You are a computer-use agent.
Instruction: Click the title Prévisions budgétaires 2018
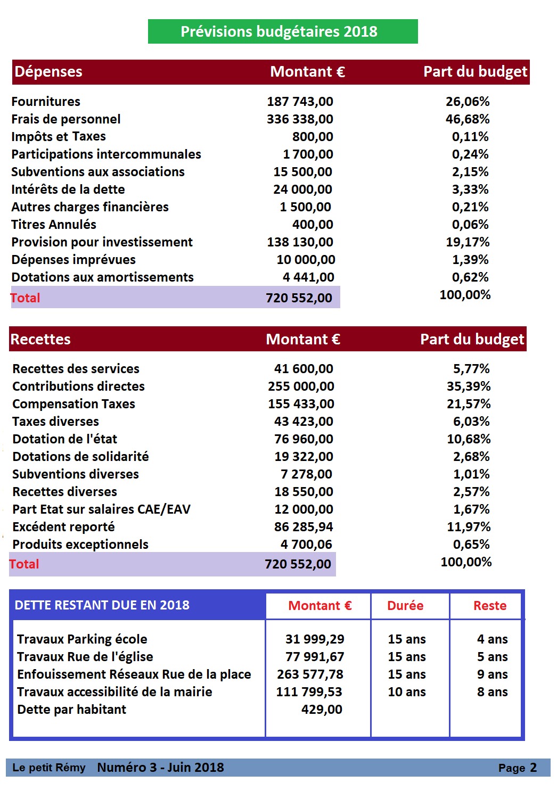278,31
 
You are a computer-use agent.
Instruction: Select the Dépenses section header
48,72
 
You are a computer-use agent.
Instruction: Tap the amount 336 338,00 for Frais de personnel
300,119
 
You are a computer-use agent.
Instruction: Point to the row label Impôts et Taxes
59,136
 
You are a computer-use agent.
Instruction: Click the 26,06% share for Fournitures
468,101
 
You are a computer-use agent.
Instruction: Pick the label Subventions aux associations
98,171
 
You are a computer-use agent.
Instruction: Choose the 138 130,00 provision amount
300,242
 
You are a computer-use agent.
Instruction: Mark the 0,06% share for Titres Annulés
470,224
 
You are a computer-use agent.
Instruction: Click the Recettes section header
40,339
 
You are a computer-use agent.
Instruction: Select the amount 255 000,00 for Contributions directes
301,386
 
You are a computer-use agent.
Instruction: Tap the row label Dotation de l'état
64,439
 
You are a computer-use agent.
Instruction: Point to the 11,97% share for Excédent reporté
469,527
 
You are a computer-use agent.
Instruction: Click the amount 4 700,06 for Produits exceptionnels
306,544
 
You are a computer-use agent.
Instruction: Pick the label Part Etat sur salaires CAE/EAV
101,509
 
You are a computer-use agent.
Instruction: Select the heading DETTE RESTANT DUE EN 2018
102,605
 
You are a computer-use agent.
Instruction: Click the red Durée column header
405,605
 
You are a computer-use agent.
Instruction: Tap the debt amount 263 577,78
310,674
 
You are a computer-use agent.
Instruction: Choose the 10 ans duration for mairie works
407,692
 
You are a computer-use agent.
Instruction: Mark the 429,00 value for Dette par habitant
322,709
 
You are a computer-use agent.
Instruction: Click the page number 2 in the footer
534,768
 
